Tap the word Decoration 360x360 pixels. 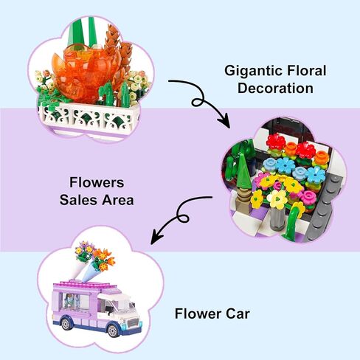click(x=275, y=89)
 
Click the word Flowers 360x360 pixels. click(x=97, y=182)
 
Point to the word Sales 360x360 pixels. click(x=79, y=200)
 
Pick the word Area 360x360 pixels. click(x=118, y=200)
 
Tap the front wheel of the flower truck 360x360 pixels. click(x=113, y=330)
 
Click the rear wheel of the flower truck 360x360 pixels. click(x=66, y=324)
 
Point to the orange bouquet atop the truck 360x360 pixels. click(x=103, y=260)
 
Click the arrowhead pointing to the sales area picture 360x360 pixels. click(x=224, y=122)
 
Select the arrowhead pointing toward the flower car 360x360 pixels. click(x=156, y=238)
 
